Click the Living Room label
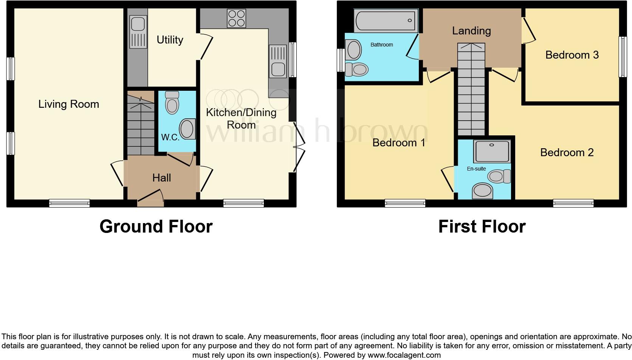coord(68,104)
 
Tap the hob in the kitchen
coord(236,19)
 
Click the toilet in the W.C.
coord(172,102)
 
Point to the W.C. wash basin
coord(187,129)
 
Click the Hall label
coord(162,178)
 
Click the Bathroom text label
coord(381,45)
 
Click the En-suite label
coord(476,169)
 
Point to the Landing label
coord(471,31)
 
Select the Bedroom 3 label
coord(572,55)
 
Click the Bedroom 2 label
coord(567,152)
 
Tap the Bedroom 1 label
coord(399,143)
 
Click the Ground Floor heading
coord(156,227)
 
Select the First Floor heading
coord(482,227)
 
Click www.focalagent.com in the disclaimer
coord(404,355)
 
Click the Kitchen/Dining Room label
coord(241,118)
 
